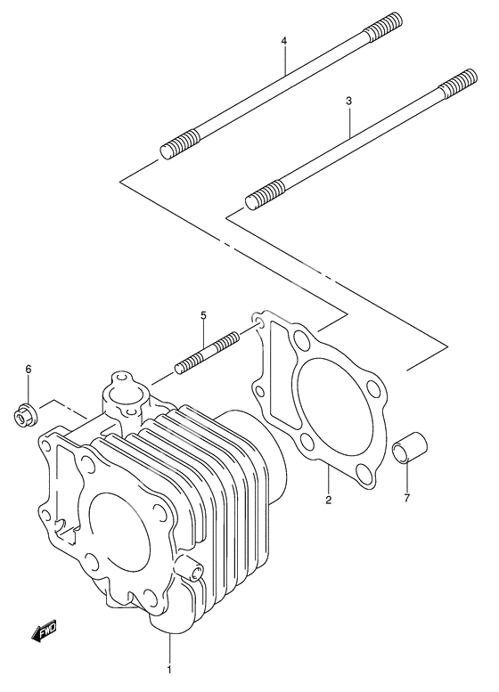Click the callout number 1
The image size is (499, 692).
pos(169,670)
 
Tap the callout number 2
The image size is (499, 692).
pos(328,501)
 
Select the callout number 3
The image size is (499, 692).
pos(349,101)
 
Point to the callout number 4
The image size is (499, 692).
pos(284,41)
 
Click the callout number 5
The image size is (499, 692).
pos(203,315)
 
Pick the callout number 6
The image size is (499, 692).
pos(29,369)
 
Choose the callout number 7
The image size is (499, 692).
pos(406,498)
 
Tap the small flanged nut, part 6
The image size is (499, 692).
pos(25,415)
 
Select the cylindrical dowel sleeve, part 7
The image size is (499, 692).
pos(410,448)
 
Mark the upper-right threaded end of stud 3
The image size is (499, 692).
pos(458,84)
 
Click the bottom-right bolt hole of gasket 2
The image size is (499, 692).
pos(364,472)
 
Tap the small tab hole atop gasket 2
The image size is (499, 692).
pos(258,320)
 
